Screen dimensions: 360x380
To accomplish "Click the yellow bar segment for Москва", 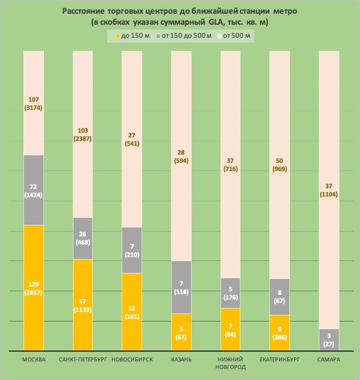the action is (x=34, y=288).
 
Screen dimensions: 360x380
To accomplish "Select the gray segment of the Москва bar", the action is (x=34, y=190).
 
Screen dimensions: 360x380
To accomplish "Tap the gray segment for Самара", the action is (x=329, y=339).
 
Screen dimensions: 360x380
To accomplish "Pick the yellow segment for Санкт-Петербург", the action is (x=82, y=305).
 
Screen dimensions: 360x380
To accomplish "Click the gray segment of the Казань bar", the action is (x=181, y=287).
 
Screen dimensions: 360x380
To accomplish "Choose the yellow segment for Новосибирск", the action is (x=132, y=312).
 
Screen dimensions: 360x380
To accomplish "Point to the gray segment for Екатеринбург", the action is (x=280, y=297).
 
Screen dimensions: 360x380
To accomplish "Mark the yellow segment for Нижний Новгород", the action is (x=230, y=329).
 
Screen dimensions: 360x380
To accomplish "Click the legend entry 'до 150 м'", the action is (x=133, y=36).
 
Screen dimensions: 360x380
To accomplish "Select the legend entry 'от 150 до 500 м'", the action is (x=184, y=36).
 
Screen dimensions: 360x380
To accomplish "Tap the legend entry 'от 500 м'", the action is (x=234, y=36).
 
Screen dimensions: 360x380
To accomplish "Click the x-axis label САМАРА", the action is (x=329, y=359).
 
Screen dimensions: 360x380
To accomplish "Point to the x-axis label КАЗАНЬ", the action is (x=181, y=359).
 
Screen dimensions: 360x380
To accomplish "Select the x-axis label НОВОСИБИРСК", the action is (x=132, y=359).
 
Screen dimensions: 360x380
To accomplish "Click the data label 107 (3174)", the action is (x=34, y=104).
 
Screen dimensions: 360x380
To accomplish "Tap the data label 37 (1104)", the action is (x=329, y=190).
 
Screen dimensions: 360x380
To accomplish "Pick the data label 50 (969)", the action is (x=280, y=165).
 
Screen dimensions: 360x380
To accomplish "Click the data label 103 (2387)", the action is (x=82, y=135).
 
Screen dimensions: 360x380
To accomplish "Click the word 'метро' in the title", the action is (x=285, y=11).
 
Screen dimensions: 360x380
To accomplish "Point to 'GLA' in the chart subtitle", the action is (x=214, y=22).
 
